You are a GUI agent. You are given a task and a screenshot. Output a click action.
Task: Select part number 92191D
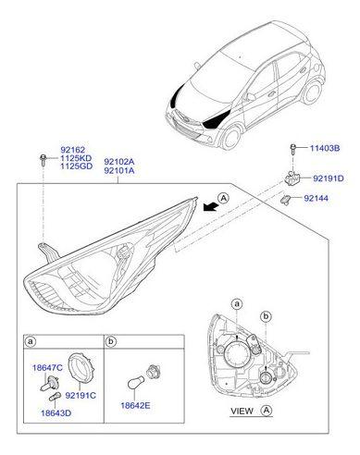[x=327, y=178]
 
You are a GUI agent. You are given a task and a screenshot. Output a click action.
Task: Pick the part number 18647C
[x=46, y=368]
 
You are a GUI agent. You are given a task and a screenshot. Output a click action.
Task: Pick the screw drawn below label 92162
[x=43, y=164]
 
